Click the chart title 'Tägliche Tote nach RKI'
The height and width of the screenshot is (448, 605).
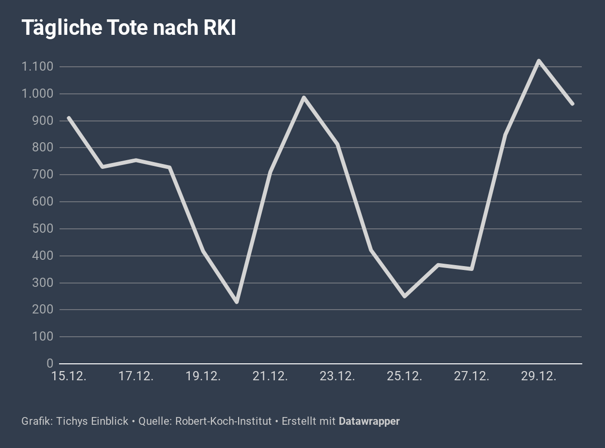pos(129,28)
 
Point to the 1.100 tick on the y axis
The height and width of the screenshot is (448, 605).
pos(37,67)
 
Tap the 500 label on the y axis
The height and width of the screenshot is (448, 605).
pos(43,229)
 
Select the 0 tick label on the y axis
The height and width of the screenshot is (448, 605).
pos(50,364)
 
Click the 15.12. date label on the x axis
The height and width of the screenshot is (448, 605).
pos(69,376)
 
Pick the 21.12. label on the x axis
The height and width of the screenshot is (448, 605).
pos(270,376)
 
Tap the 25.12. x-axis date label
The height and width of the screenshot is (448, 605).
pos(404,376)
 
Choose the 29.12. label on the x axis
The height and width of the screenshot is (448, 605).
pos(538,376)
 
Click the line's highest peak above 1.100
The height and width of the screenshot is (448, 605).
pos(539,61)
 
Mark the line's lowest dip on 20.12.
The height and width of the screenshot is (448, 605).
pos(237,302)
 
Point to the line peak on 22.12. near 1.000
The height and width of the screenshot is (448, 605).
pos(304,97)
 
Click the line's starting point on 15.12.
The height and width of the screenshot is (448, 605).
pos(69,118)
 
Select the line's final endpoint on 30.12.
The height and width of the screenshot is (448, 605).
pos(572,104)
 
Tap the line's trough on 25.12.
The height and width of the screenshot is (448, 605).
pos(404,296)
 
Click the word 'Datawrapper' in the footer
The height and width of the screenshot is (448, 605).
pos(369,421)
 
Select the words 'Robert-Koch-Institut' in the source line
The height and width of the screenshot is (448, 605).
pos(224,421)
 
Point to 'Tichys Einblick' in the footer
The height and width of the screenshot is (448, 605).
pos(92,421)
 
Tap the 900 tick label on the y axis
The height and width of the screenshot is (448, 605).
pos(43,121)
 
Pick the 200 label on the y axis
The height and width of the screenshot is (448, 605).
pos(43,310)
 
